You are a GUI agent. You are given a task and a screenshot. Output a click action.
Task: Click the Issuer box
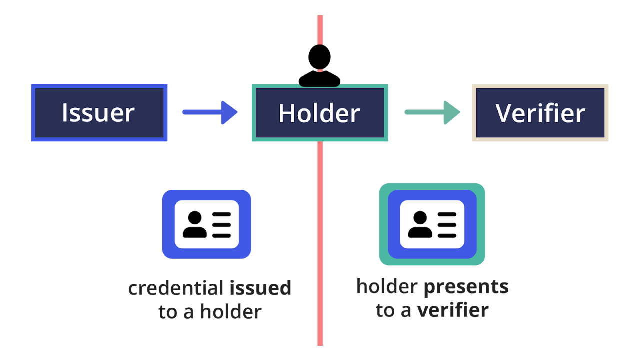[x=99, y=113]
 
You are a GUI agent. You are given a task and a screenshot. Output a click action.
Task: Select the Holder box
[x=320, y=113]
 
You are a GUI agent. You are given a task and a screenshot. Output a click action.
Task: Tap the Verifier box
[x=540, y=113]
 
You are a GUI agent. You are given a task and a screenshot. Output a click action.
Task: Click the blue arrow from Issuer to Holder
[x=210, y=112]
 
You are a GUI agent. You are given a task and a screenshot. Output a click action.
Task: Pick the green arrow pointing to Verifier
[x=432, y=112]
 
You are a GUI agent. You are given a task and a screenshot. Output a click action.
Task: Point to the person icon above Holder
[x=319, y=66]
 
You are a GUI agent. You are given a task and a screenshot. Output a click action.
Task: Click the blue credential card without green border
[x=206, y=224]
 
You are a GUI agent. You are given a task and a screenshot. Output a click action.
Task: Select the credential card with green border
[x=432, y=224]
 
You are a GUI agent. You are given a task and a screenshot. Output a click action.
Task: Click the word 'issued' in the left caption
[x=260, y=288]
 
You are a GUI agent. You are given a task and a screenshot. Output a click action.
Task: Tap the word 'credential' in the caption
[x=175, y=288]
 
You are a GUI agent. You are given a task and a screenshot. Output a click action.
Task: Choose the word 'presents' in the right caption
[x=466, y=287]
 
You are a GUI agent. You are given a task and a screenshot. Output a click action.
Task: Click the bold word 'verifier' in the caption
[x=452, y=310]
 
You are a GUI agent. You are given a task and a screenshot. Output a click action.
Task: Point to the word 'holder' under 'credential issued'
[x=230, y=312]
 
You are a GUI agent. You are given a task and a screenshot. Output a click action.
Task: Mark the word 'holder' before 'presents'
[x=387, y=287]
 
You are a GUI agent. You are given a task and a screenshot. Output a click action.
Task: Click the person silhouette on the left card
[x=194, y=224]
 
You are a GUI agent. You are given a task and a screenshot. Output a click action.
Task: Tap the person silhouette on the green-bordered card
[x=420, y=224]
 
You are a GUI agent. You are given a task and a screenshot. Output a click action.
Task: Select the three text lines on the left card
[x=221, y=224]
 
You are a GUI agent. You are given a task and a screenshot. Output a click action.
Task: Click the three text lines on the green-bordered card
[x=447, y=224]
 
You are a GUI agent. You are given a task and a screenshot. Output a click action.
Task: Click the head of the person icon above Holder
[x=319, y=57]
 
